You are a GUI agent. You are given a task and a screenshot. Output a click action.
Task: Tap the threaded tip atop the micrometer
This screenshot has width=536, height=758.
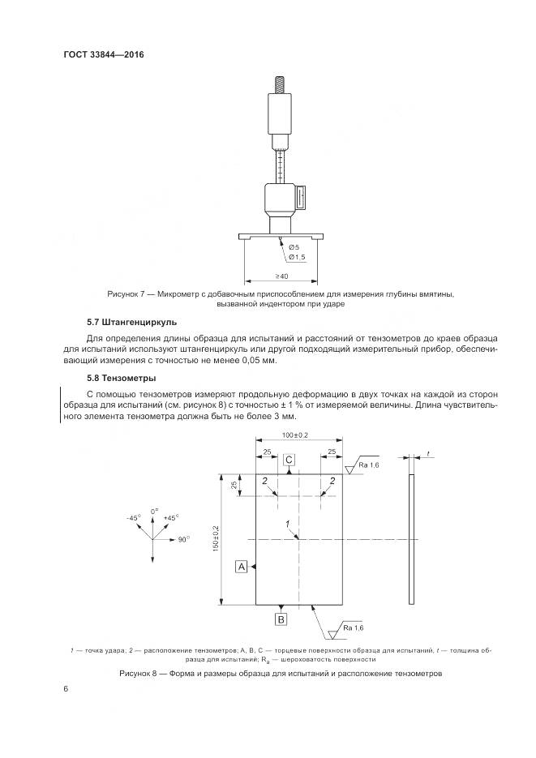[281, 84]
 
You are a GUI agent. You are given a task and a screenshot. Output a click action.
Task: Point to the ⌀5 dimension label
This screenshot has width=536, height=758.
[294, 246]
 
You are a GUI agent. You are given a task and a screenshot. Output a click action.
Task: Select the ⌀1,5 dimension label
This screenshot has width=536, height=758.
[296, 257]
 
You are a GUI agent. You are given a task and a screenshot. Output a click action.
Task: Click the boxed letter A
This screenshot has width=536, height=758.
[241, 566]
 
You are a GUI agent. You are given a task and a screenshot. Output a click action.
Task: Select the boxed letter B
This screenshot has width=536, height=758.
[281, 620]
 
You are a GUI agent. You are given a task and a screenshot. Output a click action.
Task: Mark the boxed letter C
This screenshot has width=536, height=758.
[289, 460]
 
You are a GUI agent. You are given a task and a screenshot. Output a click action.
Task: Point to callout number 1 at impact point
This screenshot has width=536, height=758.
[288, 525]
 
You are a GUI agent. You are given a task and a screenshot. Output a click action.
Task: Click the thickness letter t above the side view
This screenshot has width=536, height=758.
[427, 455]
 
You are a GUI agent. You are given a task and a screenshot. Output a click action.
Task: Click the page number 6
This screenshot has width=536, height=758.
[64, 688]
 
